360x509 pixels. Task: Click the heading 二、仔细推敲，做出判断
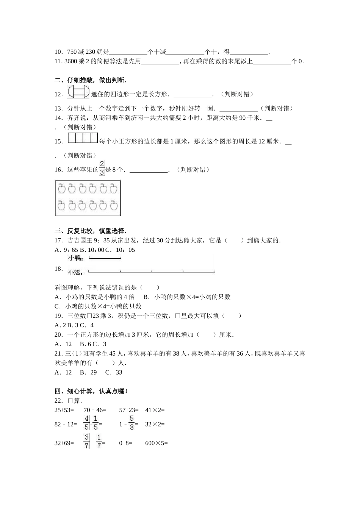click(91, 80)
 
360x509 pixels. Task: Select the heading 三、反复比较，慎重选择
click(91, 231)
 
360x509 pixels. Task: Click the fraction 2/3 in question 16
click(102, 168)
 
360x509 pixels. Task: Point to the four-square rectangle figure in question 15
click(83, 138)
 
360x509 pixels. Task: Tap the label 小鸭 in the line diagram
click(75, 259)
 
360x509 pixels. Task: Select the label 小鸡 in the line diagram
click(75, 272)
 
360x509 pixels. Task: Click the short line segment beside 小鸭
click(105, 259)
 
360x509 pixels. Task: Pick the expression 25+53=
click(64, 410)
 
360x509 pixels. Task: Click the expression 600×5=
click(156, 443)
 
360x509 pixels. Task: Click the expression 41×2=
click(155, 410)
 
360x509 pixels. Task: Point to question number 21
click(58, 354)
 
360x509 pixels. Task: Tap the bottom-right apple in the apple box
click(114, 206)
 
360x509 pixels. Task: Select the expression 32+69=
click(64, 443)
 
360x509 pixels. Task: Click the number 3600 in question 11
click(71, 61)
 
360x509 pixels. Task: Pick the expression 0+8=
click(125, 443)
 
